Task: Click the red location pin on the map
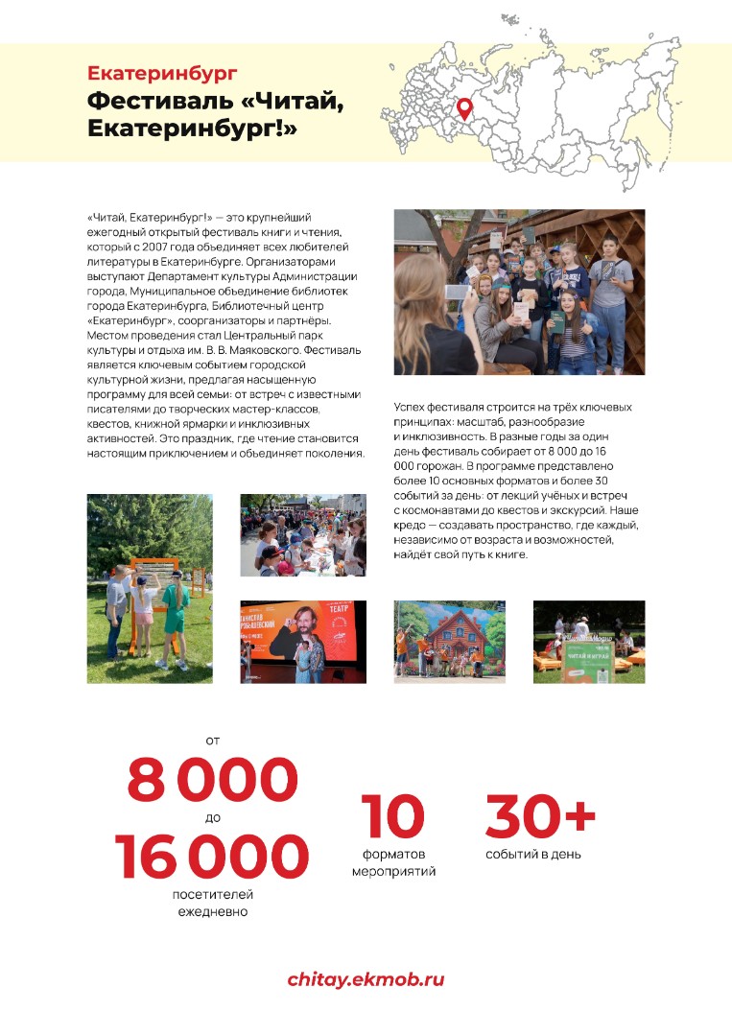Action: (x=464, y=107)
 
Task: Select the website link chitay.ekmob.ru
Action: (x=366, y=979)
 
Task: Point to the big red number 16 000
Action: (x=212, y=857)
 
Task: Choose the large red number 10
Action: (x=392, y=815)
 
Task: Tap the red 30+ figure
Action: (x=540, y=815)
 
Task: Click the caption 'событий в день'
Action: (x=532, y=854)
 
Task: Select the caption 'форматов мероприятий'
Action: (x=393, y=862)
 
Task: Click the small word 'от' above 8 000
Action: (x=212, y=740)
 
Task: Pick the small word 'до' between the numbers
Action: (x=212, y=817)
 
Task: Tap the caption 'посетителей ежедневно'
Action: (x=212, y=903)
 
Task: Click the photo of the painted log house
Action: (x=450, y=642)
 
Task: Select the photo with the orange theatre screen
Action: (x=302, y=642)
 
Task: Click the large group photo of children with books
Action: (x=519, y=292)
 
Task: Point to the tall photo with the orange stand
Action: (x=150, y=588)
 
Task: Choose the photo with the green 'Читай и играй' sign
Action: (x=588, y=642)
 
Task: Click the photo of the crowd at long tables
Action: (x=302, y=534)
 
